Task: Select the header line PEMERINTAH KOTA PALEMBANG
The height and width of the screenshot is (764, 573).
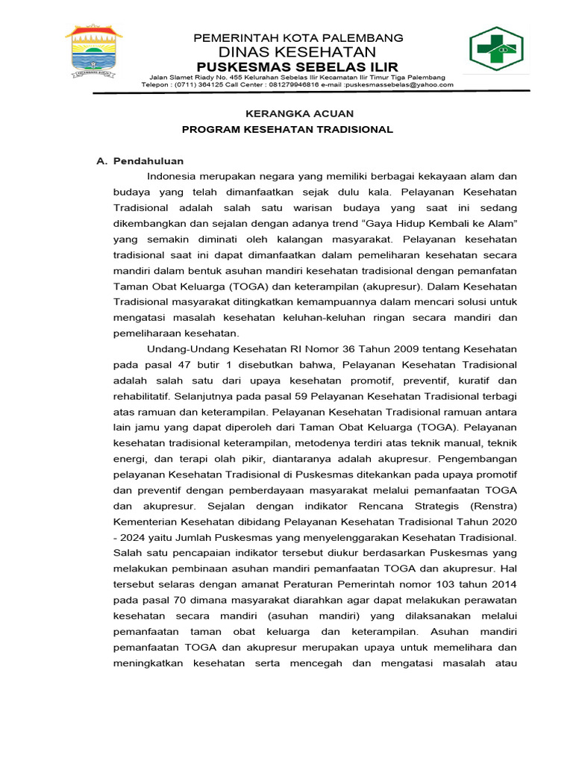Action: (x=298, y=37)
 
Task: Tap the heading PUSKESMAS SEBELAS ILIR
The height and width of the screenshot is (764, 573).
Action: (x=298, y=66)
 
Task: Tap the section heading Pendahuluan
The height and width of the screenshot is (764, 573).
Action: (x=148, y=160)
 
